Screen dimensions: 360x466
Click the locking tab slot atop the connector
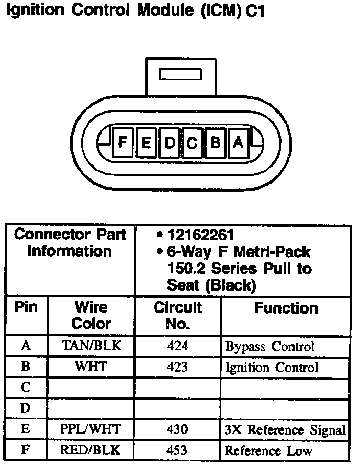coord(180,74)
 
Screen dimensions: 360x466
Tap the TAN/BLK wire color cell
coord(91,346)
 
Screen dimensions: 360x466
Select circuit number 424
coord(177,346)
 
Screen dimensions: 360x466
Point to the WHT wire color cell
coord(91,367)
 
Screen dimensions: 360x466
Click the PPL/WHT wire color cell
coord(91,430)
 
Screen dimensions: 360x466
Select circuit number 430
coord(177,430)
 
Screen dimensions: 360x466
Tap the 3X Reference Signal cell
coord(285,430)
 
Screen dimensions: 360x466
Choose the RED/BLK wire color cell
coord(91,450)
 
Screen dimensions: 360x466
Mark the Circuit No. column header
coord(177,315)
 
